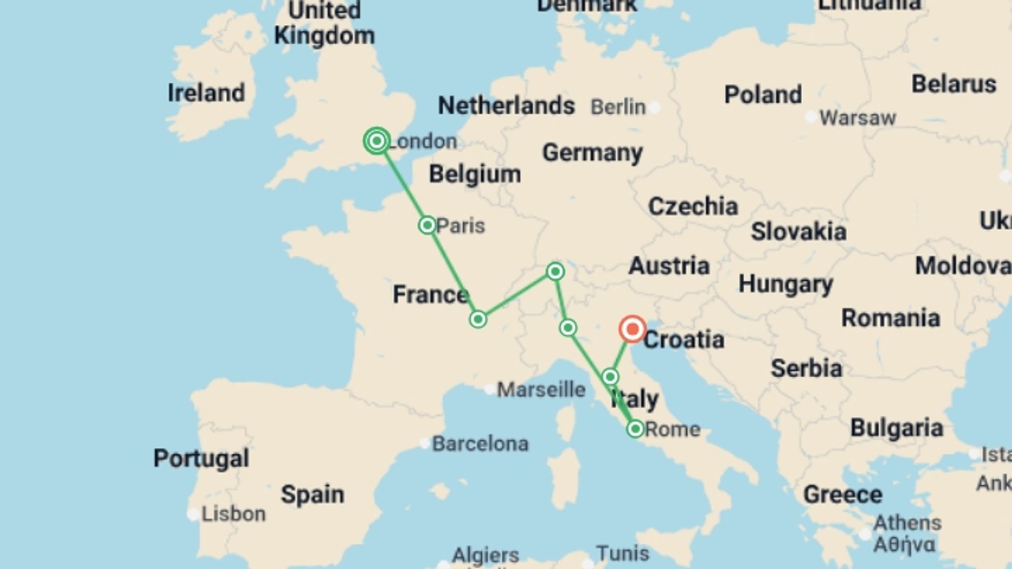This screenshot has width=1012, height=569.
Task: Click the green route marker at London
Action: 377,141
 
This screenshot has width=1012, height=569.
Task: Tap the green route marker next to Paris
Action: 427,225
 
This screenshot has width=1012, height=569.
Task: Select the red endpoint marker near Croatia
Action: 632,329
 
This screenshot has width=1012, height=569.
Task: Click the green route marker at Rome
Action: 635,429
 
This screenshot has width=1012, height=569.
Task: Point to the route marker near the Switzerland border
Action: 555,271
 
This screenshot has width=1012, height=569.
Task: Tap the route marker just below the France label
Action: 478,319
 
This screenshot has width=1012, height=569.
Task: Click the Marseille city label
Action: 541,390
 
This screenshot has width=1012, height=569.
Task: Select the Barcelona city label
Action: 480,444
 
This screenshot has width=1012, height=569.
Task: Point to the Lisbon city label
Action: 233,514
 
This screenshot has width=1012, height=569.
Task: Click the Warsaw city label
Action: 857,118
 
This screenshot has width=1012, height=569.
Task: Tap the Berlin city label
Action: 618,107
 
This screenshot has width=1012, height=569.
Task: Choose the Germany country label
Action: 592,153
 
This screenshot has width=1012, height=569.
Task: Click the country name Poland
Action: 763,95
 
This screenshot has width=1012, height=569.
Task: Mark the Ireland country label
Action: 206,93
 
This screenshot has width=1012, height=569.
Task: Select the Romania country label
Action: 890,318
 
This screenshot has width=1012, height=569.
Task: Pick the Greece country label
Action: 842,495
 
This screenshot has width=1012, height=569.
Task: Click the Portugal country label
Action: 201,458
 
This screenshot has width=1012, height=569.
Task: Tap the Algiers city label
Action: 485,555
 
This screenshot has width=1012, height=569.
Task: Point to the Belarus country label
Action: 953,84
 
